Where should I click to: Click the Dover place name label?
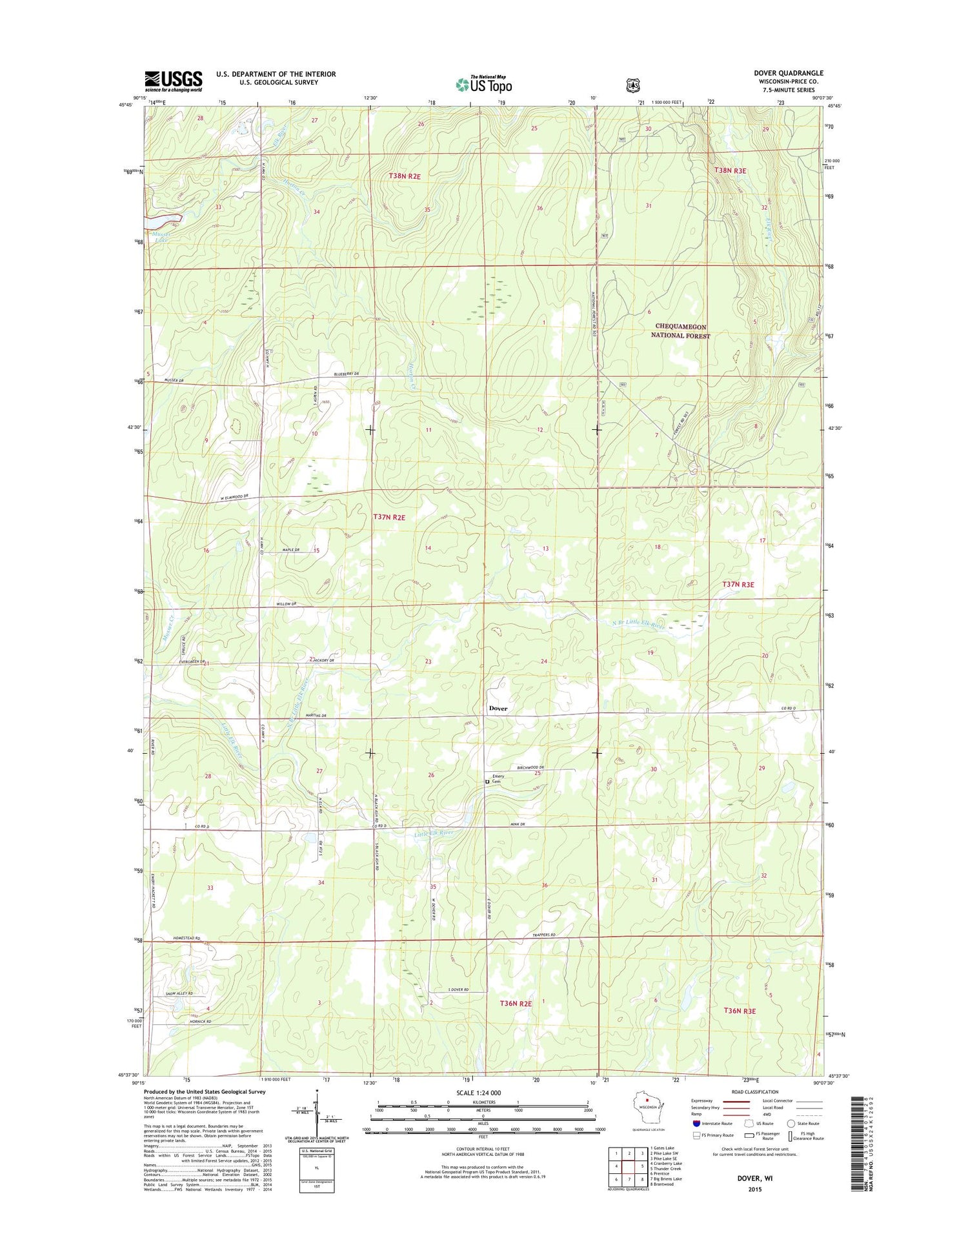click(498, 708)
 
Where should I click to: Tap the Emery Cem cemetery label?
click(498, 779)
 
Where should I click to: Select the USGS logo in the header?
click(173, 81)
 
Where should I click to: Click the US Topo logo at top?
click(484, 84)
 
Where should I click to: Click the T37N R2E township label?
click(389, 517)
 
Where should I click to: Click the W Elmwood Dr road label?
click(230, 498)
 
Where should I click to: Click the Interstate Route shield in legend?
click(696, 1124)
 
